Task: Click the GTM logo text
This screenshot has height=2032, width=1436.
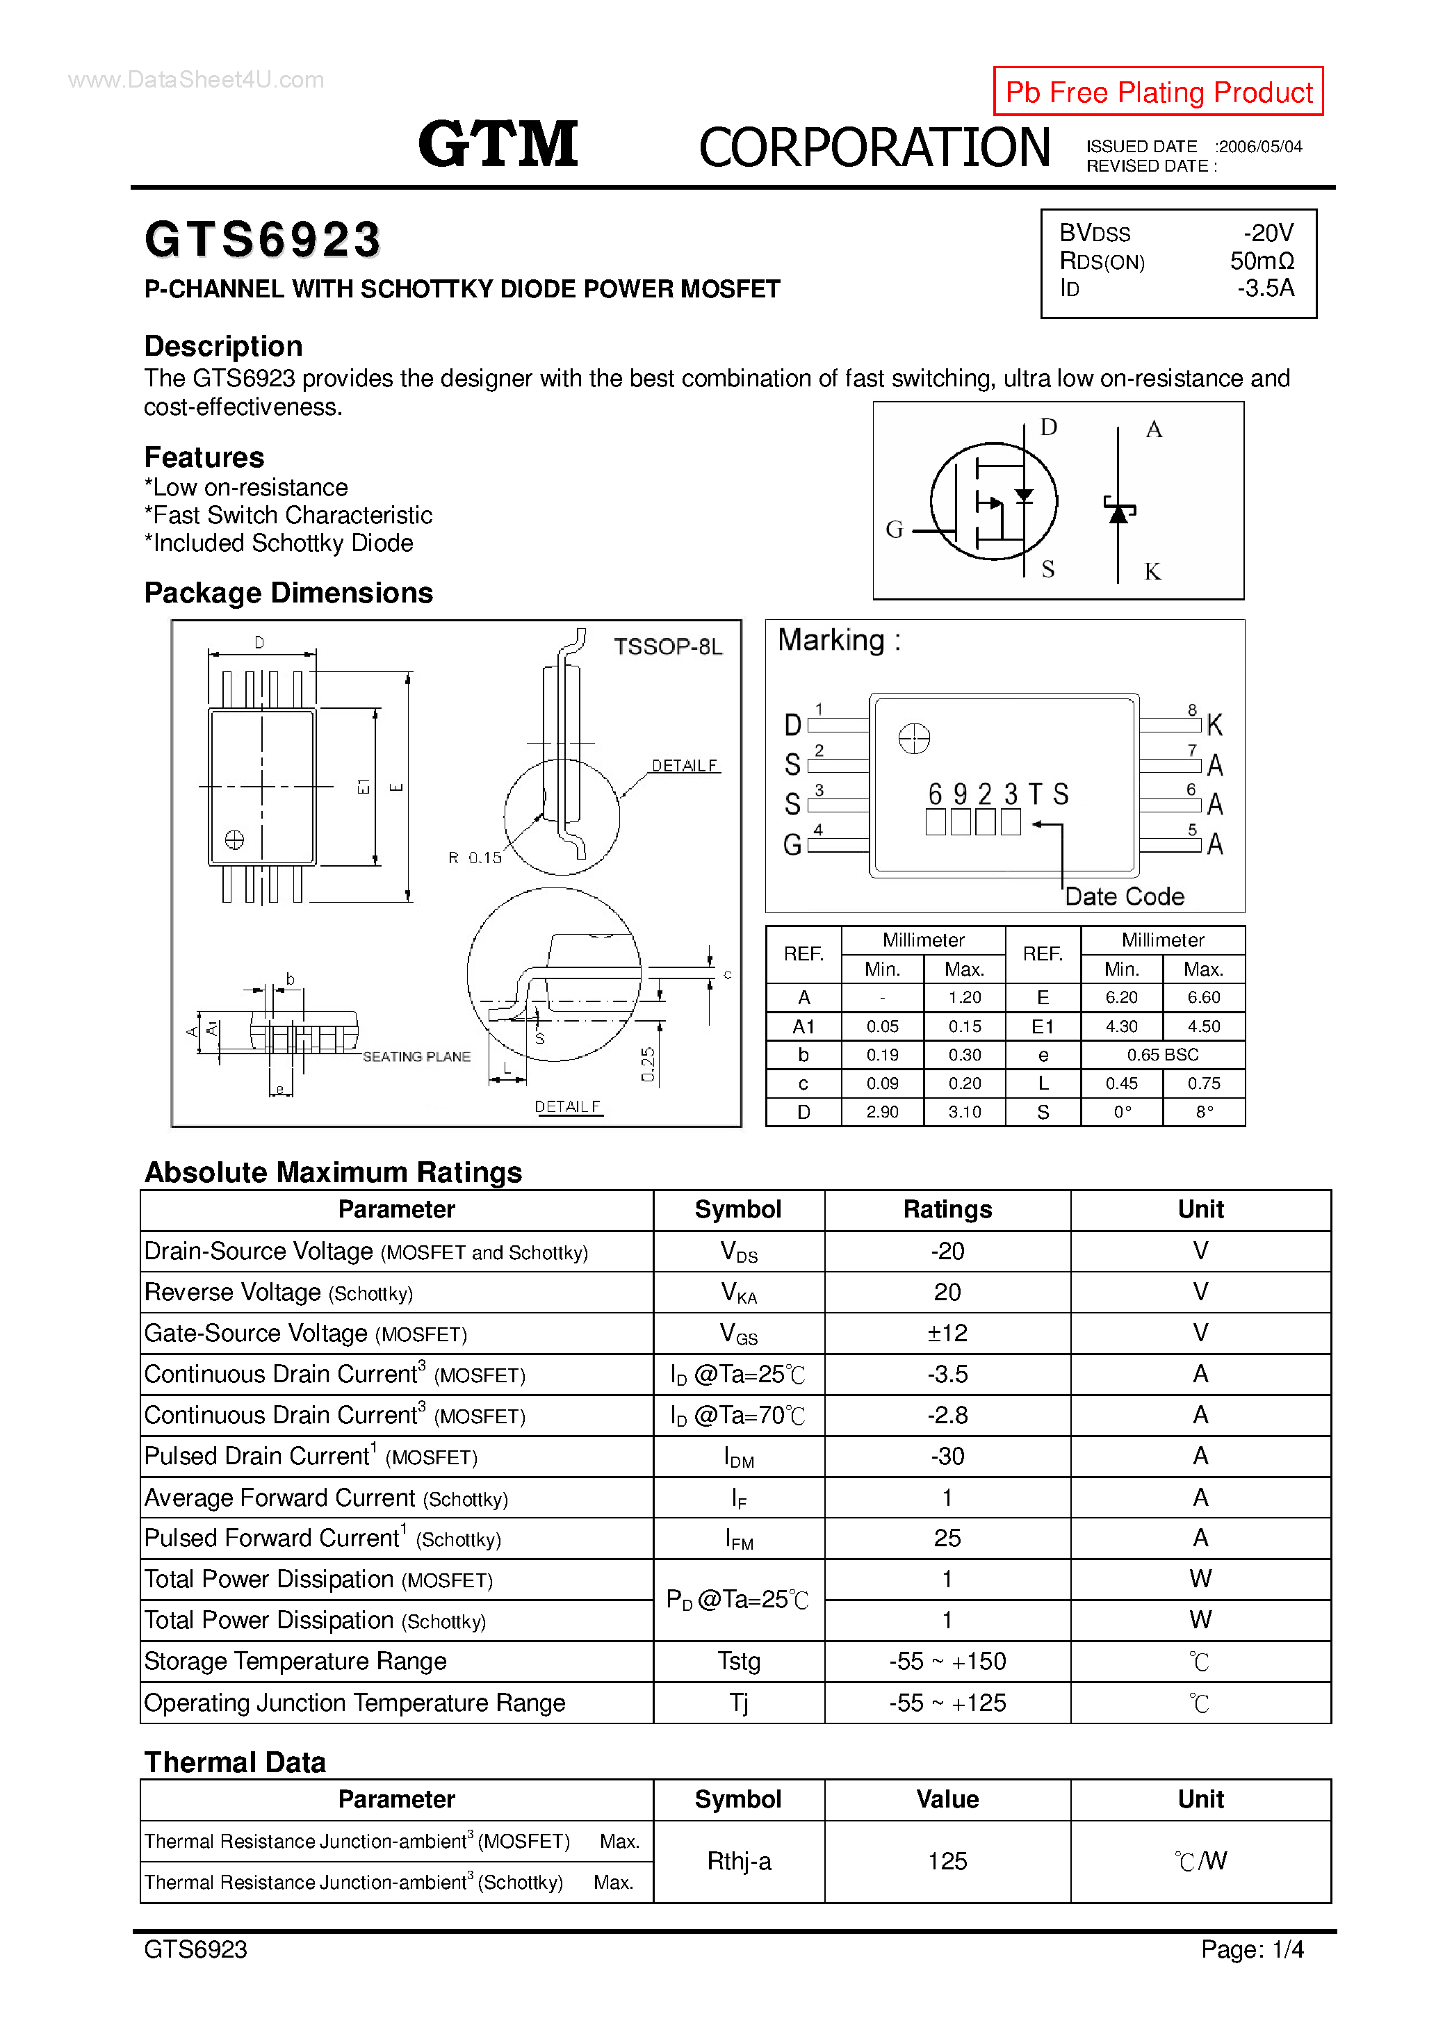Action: (498, 145)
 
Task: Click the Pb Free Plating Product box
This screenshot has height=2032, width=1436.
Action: (1157, 92)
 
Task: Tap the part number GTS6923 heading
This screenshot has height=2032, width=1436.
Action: (263, 240)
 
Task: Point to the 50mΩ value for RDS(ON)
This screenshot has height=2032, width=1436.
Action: (1261, 261)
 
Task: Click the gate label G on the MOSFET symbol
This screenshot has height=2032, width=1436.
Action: (893, 530)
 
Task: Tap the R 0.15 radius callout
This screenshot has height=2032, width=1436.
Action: (475, 858)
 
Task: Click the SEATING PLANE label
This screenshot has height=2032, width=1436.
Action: (416, 1057)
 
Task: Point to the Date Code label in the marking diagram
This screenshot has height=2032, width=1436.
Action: (1123, 896)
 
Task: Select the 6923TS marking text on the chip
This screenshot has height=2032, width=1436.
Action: (998, 794)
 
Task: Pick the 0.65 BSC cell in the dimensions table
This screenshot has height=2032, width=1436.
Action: (1161, 1055)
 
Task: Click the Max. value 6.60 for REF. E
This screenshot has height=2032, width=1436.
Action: (1203, 997)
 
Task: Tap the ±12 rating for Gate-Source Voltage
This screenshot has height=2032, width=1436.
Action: (947, 1333)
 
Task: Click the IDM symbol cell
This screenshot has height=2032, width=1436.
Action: (738, 1457)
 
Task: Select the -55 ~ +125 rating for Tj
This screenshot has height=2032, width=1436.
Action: (947, 1703)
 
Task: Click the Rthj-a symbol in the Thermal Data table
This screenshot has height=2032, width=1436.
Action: (738, 1861)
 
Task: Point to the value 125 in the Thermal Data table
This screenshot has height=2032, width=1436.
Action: (947, 1861)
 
